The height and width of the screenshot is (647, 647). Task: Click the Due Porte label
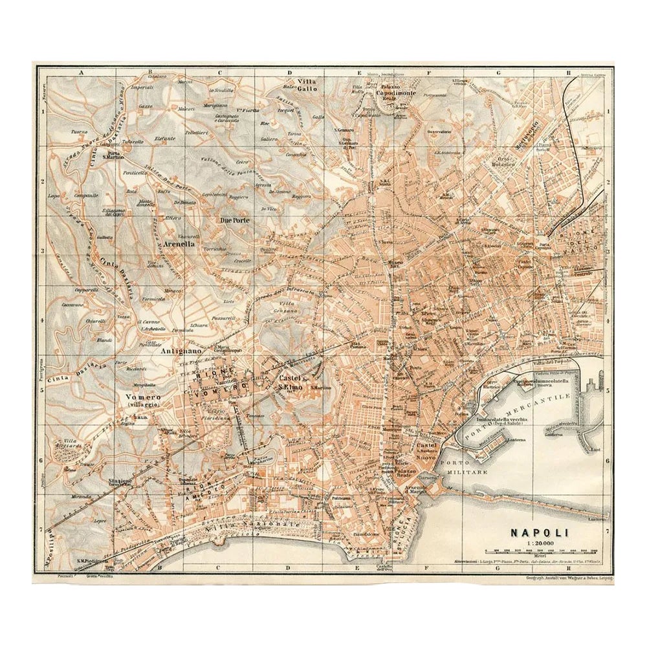(x=235, y=220)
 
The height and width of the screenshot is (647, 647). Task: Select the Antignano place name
(x=171, y=352)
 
